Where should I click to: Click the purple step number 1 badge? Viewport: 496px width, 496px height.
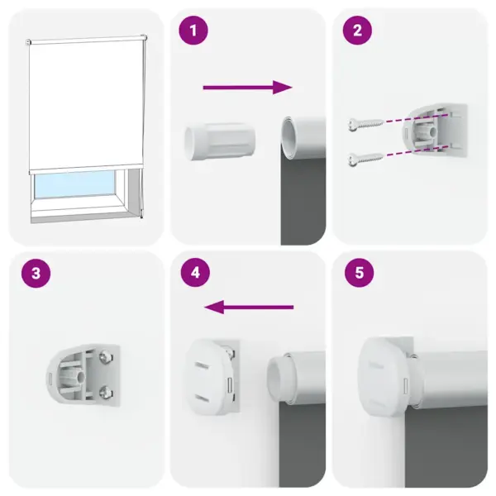(x=194, y=31)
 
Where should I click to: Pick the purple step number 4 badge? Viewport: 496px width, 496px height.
(x=194, y=274)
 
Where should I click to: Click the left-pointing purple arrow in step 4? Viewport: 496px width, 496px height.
(x=249, y=308)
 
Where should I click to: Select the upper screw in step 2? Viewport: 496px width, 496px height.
(x=364, y=124)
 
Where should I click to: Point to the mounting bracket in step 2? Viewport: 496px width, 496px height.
(x=437, y=132)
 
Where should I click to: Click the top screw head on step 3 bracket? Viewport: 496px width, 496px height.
(x=106, y=358)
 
